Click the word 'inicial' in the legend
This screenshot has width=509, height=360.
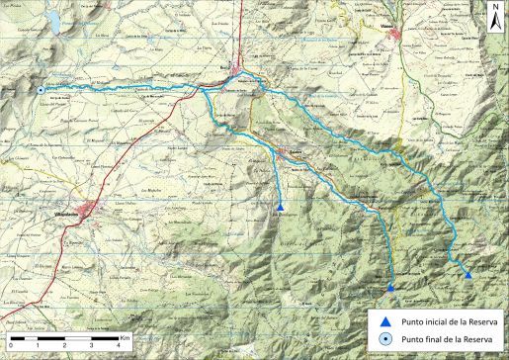pyautogui.click(x=436, y=320)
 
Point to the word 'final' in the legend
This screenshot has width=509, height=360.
pyautogui.click(x=432, y=339)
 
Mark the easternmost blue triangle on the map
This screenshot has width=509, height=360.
pyautogui.click(x=467, y=275)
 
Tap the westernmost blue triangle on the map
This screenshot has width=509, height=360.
pyautogui.click(x=282, y=207)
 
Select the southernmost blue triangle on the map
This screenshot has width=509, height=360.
pyautogui.click(x=391, y=287)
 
